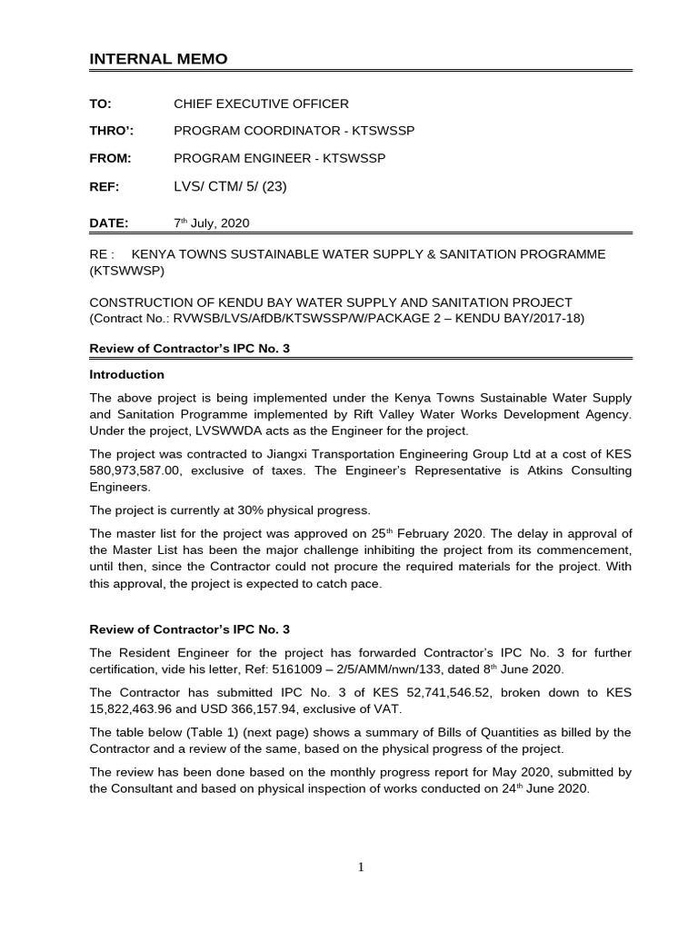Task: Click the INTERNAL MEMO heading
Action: click(x=158, y=59)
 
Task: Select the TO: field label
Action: click(x=100, y=104)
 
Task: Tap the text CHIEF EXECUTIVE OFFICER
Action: click(x=261, y=104)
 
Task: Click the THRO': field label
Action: click(x=108, y=131)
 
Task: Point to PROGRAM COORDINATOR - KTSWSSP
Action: click(x=294, y=131)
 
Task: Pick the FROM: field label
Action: click(x=110, y=158)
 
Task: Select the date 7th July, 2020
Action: click(x=211, y=223)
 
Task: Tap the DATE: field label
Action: click(x=109, y=223)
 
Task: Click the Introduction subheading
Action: click(x=126, y=374)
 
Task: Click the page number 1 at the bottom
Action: click(x=361, y=867)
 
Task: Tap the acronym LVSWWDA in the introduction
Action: click(x=192, y=430)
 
